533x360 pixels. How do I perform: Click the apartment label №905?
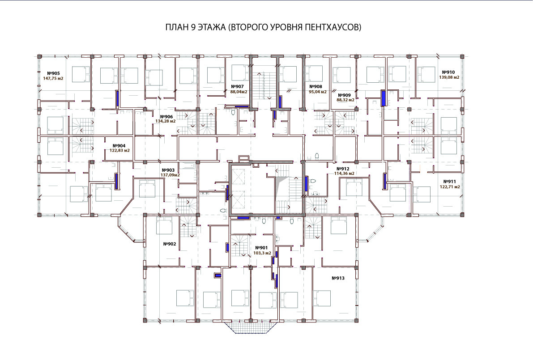click(x=53, y=73)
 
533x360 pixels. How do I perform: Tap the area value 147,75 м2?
click(x=53, y=78)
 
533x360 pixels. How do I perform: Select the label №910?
click(x=448, y=72)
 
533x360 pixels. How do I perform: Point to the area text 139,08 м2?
click(x=449, y=77)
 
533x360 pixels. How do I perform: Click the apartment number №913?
click(x=338, y=278)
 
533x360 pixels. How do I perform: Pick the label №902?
click(x=170, y=244)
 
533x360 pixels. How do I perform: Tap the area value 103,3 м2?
click(x=263, y=253)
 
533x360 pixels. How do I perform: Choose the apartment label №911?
click(x=450, y=182)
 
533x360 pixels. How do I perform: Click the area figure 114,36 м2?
click(x=344, y=174)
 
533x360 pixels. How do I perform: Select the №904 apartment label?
click(x=119, y=146)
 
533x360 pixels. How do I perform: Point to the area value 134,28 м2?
click(x=166, y=121)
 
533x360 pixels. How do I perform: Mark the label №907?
click(x=237, y=87)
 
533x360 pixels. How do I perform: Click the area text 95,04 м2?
click(x=317, y=92)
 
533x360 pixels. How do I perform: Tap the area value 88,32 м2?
click(x=345, y=100)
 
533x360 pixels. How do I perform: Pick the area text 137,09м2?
click(x=170, y=175)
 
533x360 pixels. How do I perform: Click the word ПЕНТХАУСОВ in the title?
click(x=333, y=27)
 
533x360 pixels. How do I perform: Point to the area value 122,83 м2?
click(x=119, y=150)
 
